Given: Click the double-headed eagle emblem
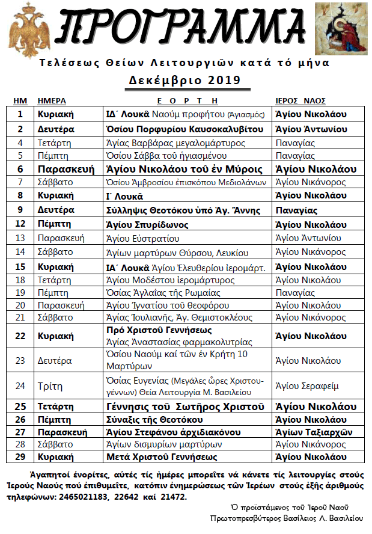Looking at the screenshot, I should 27,28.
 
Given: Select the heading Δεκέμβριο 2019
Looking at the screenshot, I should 184,80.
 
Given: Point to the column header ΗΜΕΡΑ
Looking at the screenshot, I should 52,100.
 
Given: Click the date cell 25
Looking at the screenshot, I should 20,407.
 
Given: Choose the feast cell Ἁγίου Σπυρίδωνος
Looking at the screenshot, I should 147,225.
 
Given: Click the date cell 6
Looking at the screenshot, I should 20,169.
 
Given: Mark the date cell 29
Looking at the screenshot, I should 20,456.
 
